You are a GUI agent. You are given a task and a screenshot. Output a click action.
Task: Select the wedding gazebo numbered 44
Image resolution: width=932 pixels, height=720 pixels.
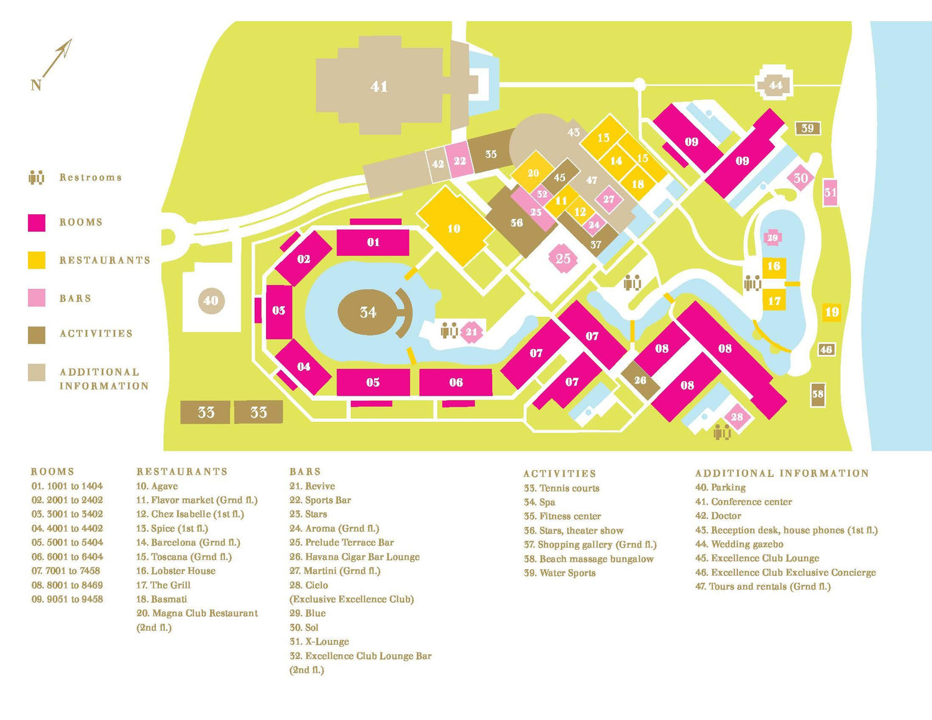tap(775, 84)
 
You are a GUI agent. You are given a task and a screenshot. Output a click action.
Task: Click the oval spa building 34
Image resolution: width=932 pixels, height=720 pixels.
tap(367, 312)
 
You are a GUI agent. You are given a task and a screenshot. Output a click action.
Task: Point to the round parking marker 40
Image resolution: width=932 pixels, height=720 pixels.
tap(211, 301)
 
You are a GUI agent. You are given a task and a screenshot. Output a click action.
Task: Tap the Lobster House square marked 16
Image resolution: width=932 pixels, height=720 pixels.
tap(774, 267)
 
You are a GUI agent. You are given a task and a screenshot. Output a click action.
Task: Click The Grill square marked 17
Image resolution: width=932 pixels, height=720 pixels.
tap(774, 300)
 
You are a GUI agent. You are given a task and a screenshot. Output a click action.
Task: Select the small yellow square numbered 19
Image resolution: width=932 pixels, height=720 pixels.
tap(831, 312)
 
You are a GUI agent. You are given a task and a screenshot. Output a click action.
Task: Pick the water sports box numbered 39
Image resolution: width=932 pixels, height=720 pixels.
tap(808, 128)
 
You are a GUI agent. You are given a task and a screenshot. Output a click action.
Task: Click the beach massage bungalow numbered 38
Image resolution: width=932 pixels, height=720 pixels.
tap(818, 394)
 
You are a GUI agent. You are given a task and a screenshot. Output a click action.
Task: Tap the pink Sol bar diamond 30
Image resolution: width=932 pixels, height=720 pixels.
tap(800, 178)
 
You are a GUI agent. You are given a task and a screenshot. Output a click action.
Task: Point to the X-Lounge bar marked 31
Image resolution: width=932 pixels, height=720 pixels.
tap(829, 193)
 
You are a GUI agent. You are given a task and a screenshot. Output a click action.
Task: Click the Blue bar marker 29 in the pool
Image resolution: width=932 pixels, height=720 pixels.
tap(772, 237)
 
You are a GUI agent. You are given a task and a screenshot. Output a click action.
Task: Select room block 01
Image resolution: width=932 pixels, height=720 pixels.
tap(373, 242)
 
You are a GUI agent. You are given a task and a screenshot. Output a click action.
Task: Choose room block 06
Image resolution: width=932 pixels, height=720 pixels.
tap(455, 382)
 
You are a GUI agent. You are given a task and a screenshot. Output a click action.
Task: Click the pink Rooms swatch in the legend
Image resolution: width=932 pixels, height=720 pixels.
tap(37, 223)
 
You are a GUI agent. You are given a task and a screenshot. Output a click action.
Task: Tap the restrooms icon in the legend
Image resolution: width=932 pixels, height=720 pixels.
tap(37, 176)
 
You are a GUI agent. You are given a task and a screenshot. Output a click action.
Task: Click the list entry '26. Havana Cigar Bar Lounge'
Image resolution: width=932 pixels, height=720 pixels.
tap(354, 557)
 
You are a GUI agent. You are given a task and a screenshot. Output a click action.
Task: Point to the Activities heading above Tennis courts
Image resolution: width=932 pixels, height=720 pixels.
tap(560, 473)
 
